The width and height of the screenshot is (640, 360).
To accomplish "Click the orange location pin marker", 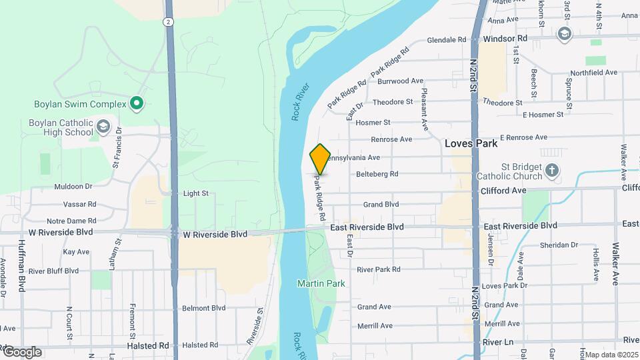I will [x=320, y=158].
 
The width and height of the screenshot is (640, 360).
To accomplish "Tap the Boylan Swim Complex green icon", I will [x=137, y=103].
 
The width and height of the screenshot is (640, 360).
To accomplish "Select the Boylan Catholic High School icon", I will [x=103, y=126].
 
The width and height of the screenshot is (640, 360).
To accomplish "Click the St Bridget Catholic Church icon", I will [x=551, y=171].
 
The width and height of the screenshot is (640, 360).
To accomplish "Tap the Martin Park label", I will [x=321, y=283].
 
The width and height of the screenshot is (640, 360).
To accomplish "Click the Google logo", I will [x=21, y=352].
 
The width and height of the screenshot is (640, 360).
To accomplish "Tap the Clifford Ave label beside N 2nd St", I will [x=503, y=191].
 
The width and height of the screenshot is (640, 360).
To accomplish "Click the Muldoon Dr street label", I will [x=73, y=187].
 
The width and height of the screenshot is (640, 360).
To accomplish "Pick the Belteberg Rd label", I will [x=377, y=174].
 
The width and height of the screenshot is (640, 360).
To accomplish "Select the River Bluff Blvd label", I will [x=53, y=271].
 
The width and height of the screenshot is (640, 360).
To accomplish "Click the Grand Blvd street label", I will [x=381, y=204].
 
